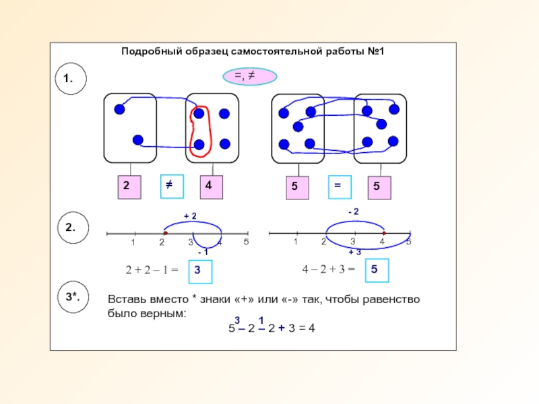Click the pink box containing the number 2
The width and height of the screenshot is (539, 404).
tap(129, 188)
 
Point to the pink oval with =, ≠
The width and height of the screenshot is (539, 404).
tap(249, 77)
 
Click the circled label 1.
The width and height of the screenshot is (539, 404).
tap(69, 79)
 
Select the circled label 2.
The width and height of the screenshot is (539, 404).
tap(69, 228)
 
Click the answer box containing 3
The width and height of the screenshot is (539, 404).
tap(199, 271)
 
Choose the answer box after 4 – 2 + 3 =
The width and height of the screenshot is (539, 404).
tap(377, 271)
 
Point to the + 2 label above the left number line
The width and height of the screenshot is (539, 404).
tap(190, 215)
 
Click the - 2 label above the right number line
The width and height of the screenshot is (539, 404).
tap(353, 212)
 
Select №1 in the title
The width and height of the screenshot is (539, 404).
tap(375, 51)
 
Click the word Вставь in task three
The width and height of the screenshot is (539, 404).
tap(126, 299)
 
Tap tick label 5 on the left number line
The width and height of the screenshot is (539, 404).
tap(247, 242)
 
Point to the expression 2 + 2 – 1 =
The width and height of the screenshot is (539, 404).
tap(152, 271)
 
